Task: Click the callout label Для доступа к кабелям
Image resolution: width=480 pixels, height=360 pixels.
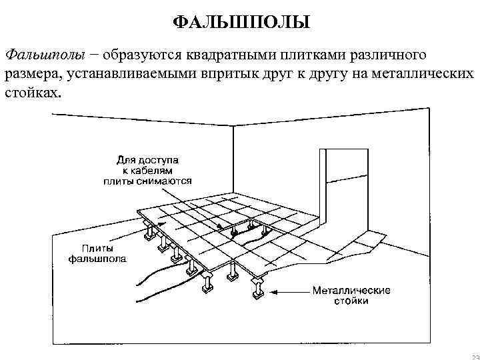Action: coord(147,170)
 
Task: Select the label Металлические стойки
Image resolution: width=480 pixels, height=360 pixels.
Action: coord(351,295)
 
